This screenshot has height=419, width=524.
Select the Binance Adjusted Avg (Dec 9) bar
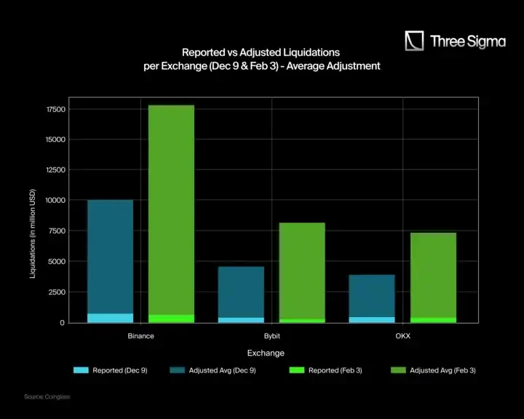click(x=110, y=255)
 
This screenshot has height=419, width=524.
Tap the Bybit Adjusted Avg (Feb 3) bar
click(x=302, y=269)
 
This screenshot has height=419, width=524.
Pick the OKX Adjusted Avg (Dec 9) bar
click(x=372, y=295)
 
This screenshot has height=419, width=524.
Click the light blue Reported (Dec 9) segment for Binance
click(x=110, y=318)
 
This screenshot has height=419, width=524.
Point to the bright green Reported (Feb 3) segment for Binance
click(x=171, y=319)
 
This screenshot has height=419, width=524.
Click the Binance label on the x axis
click(x=140, y=336)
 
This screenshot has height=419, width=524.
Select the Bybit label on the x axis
click(x=271, y=336)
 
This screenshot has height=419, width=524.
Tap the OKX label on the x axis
click(x=402, y=336)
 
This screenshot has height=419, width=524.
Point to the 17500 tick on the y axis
click(x=55, y=109)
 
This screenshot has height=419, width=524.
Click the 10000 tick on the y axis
click(x=55, y=200)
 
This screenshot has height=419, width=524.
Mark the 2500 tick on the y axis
click(x=57, y=292)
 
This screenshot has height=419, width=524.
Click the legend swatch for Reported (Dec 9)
click(x=80, y=370)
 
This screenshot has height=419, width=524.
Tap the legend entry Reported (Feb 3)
click(x=335, y=370)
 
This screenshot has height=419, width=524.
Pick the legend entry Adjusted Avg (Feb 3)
click(x=442, y=370)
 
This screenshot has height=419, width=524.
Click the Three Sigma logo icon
click(x=414, y=41)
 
